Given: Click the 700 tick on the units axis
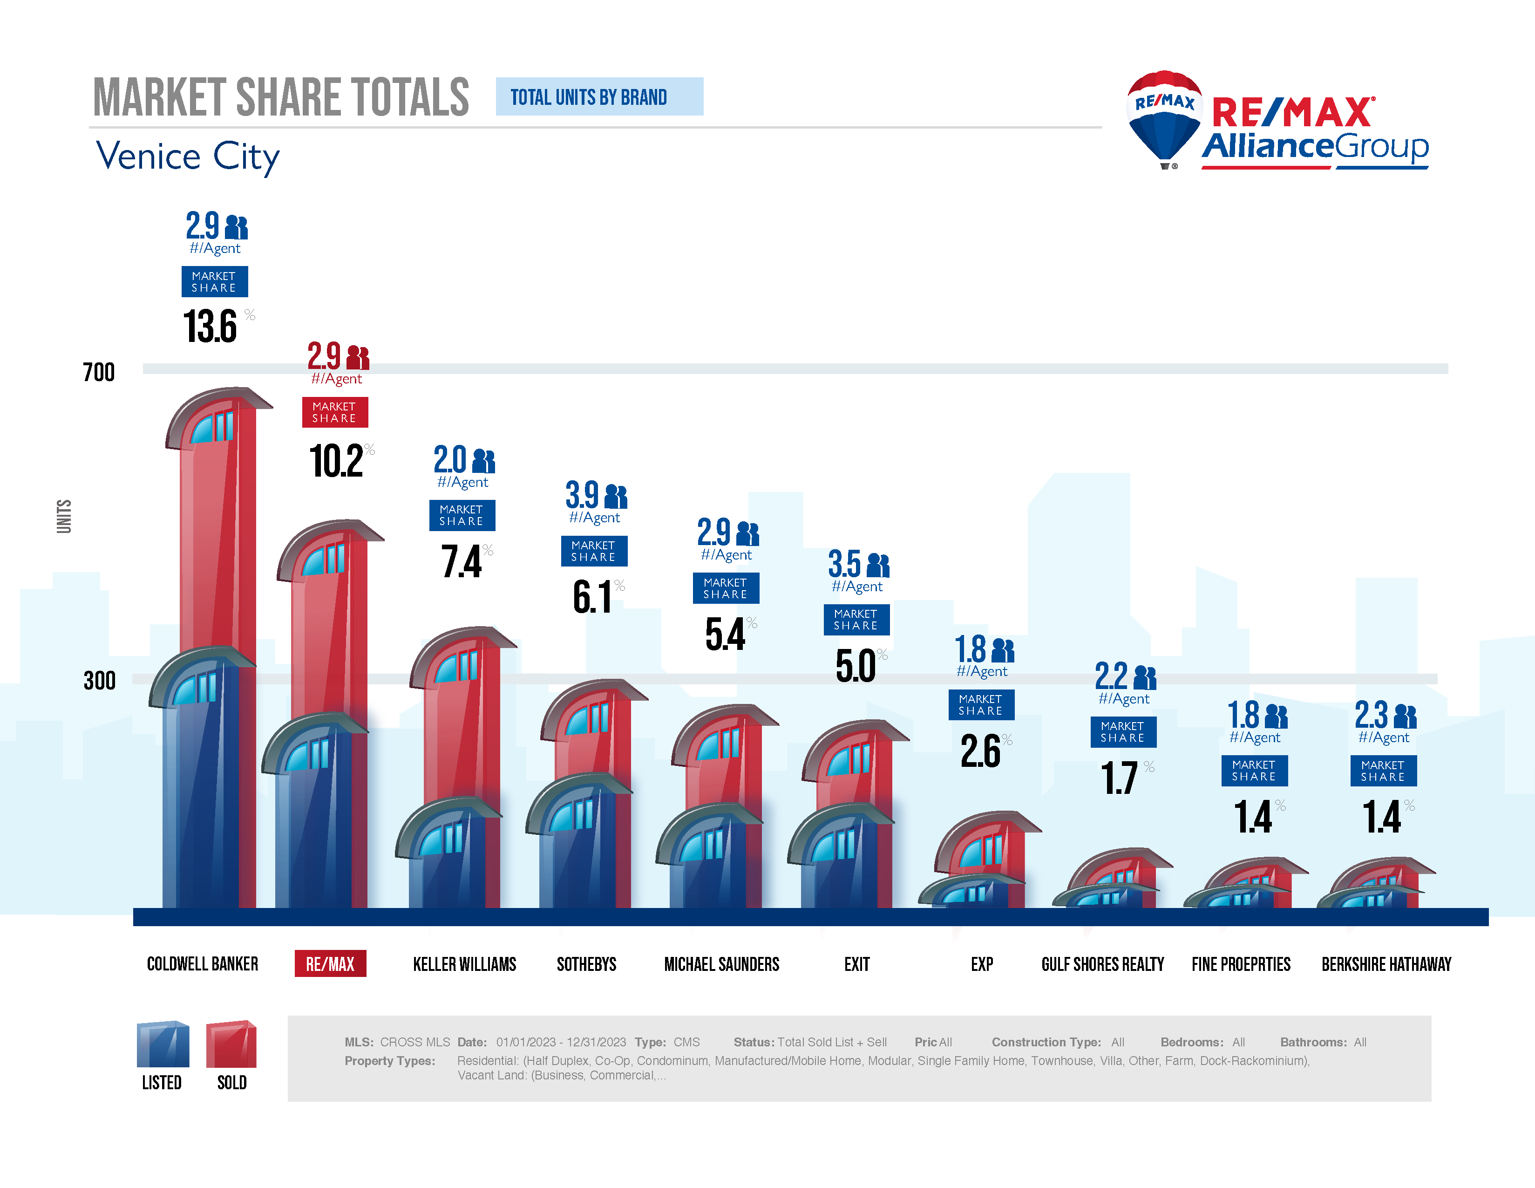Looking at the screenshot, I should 98,372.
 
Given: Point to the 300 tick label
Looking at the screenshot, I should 99,681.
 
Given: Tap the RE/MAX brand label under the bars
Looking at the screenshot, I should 330,964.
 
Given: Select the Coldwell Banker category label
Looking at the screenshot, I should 203,964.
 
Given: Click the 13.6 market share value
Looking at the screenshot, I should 210,326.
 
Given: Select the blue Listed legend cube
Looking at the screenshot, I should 163,1045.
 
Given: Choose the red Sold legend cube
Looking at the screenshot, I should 231,1045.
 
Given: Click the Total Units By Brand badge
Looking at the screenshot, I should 599,97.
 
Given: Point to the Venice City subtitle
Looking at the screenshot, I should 188,156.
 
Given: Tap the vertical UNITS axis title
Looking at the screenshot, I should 64,516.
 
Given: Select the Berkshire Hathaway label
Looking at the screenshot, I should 1386,964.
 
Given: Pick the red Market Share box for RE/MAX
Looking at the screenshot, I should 334,412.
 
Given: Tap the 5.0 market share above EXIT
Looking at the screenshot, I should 856,665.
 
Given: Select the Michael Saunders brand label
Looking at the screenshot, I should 722,964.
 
